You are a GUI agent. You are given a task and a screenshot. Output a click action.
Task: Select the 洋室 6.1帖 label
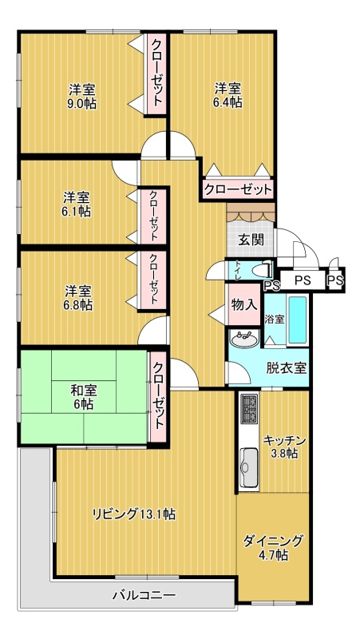pyautogui.click(x=77, y=204)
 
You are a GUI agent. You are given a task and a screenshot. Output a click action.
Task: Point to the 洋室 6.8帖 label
pyautogui.click(x=77, y=297)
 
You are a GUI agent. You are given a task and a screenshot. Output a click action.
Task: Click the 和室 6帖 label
pyautogui.click(x=84, y=397)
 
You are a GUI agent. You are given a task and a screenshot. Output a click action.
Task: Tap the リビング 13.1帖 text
pyautogui.click(x=133, y=514)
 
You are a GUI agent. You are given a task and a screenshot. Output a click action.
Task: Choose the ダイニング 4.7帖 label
pyautogui.click(x=273, y=547)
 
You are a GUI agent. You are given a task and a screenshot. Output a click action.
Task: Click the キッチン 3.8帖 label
pyautogui.click(x=285, y=447)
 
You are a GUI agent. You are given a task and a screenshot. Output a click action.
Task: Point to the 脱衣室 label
pyautogui.click(x=287, y=368)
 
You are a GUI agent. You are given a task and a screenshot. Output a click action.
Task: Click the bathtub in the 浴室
pyautogui.click(x=297, y=320)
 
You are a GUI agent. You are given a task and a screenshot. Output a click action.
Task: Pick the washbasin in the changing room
pyautogui.click(x=244, y=339)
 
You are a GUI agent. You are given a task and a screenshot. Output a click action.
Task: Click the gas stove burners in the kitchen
pyautogui.click(x=249, y=409)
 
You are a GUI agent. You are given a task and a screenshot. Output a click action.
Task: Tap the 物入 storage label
pyautogui.click(x=244, y=304)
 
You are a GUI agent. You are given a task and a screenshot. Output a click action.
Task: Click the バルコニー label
pyautogui.click(x=144, y=595)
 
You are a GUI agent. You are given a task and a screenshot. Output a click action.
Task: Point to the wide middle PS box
pyautogui.click(x=303, y=280)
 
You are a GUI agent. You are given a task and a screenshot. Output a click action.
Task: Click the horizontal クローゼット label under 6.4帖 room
pyautogui.click(x=237, y=189)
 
